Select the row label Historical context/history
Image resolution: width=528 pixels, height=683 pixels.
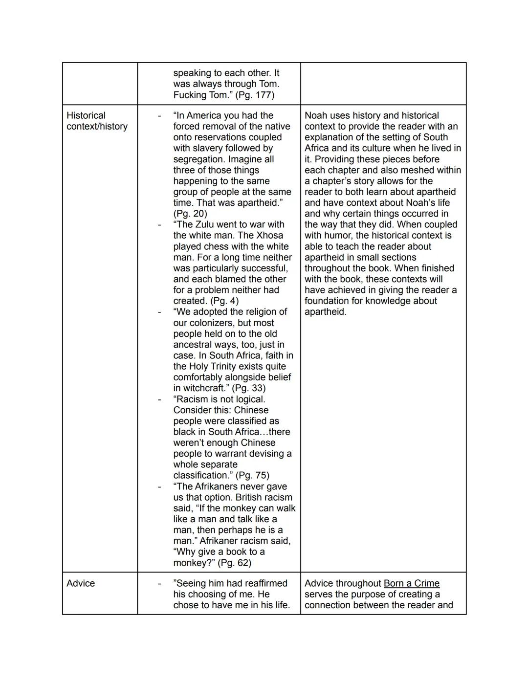click(97, 121)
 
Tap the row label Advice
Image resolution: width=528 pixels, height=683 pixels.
click(81, 583)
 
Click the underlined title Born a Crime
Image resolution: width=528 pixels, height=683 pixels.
click(411, 583)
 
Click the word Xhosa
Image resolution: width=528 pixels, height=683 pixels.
click(268, 235)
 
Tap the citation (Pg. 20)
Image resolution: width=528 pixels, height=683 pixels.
click(190, 214)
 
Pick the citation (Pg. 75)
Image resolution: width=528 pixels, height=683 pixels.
click(252, 475)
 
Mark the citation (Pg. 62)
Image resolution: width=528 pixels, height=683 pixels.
click(235, 563)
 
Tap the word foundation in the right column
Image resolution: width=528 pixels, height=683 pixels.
click(329, 301)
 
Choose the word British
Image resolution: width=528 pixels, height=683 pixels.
click(252, 497)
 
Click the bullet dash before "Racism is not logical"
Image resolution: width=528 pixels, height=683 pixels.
click(159, 399)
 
